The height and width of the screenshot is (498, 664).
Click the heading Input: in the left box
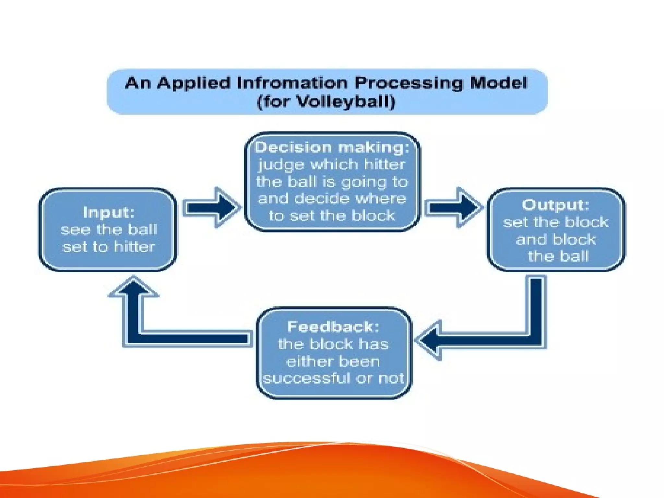(x=109, y=213)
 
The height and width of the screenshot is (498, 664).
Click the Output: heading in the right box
(x=555, y=205)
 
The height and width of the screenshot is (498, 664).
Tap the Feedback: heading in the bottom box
(x=333, y=327)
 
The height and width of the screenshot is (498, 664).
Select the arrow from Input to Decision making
(x=212, y=207)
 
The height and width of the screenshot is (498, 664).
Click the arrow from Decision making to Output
(x=454, y=207)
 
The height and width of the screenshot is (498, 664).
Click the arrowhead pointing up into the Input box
(x=134, y=287)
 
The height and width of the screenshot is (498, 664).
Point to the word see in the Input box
(x=75, y=230)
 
